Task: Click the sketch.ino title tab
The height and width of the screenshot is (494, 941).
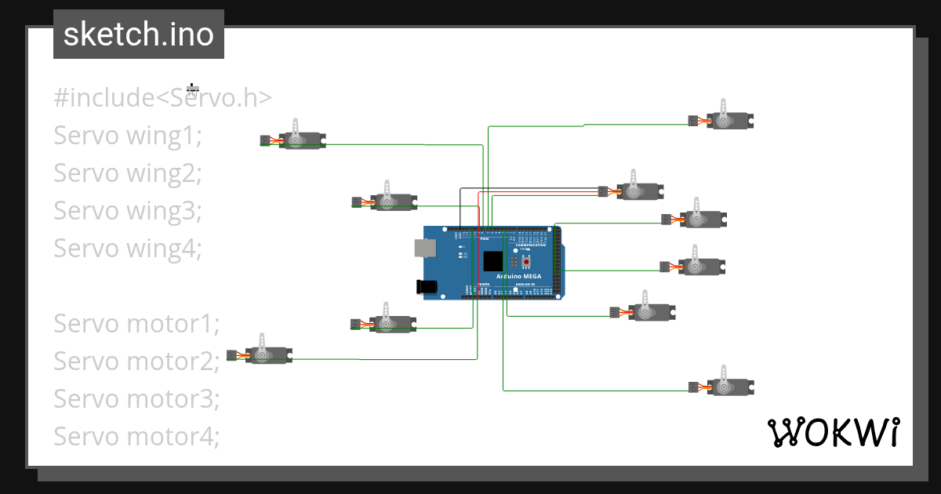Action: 138,35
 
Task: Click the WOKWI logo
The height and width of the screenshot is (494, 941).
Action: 833,432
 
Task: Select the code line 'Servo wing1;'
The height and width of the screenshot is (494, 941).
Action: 128,136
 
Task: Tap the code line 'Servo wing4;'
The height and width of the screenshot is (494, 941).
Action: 128,249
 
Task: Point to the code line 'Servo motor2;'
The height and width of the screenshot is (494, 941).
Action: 136,361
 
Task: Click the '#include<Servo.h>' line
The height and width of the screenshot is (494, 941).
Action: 163,98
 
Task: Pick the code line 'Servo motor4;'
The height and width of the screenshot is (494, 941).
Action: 136,437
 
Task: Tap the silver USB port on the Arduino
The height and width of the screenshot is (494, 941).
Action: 424,248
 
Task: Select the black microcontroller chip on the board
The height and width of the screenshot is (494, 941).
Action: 493,260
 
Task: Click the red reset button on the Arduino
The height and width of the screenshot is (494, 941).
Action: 525,261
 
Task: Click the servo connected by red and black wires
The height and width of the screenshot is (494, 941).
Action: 638,191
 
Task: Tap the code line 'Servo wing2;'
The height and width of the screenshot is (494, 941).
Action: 128,173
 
